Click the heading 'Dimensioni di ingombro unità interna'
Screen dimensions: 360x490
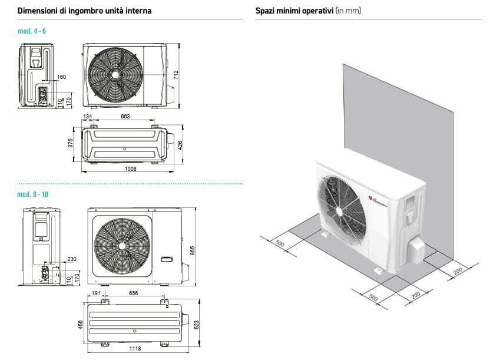(84, 11)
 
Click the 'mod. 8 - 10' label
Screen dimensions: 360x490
(33, 194)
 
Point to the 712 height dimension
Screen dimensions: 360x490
(176, 75)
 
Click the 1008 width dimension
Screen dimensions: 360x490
(130, 169)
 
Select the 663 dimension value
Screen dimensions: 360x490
(125, 117)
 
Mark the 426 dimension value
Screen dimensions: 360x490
(181, 144)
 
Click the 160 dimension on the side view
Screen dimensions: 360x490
(62, 77)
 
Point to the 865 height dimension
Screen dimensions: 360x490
(192, 250)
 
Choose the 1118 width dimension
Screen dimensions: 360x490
(135, 349)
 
